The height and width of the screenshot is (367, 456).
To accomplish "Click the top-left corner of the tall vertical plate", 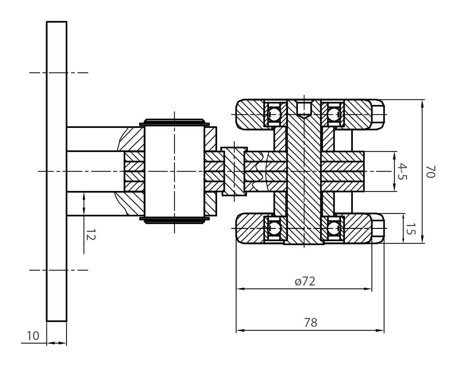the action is point(47,22).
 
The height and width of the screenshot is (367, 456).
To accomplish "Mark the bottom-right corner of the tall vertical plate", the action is point(66,321).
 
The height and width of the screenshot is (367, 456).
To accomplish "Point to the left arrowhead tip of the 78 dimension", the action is point(236,330).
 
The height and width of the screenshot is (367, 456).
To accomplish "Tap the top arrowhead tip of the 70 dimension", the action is point(422,100).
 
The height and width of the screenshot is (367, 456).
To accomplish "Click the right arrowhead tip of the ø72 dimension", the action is point(372,289).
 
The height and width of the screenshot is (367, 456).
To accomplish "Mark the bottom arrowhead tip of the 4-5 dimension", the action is point(394,191).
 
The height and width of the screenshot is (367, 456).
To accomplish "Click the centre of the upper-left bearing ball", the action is point(274,114).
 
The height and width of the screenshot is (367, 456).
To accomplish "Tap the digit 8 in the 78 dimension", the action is point(314,323).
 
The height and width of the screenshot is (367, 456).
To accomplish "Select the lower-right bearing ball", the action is point(333,228).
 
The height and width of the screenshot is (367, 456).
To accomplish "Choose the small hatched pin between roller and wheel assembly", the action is point(234,171).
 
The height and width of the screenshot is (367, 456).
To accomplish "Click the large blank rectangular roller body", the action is point(174,171).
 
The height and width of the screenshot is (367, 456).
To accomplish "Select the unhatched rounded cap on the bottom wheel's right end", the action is point(378,228).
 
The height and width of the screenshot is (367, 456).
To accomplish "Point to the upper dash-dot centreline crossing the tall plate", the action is point(59,73).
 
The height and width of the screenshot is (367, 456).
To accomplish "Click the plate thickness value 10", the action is point(33,336).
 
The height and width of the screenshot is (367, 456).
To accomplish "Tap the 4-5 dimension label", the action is point(402,171).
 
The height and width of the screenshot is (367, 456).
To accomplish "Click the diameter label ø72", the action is point(305,281).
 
